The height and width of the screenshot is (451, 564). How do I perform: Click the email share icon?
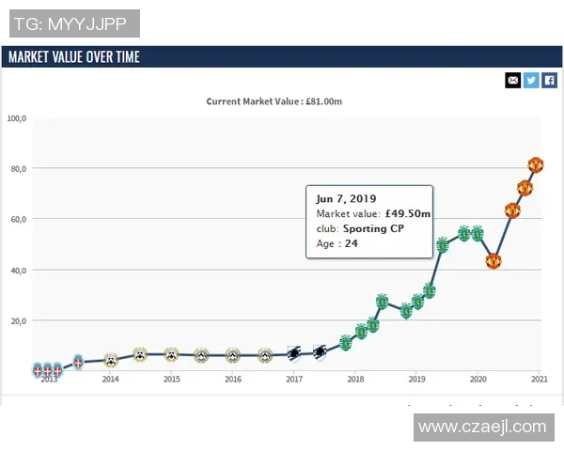point(513,80)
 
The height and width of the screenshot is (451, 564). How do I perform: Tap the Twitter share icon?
point(531,80)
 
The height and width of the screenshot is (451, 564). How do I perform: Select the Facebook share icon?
point(550,80)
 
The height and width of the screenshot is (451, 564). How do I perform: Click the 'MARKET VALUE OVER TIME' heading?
point(74,56)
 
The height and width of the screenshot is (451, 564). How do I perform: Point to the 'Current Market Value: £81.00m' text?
point(274,101)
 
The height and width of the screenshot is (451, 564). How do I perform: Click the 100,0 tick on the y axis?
point(17,118)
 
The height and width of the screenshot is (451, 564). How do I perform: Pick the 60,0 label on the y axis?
point(17,220)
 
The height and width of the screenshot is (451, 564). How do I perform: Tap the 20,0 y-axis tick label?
point(17,321)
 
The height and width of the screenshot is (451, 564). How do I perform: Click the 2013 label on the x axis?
point(49,380)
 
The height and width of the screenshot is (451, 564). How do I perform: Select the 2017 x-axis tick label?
point(294,380)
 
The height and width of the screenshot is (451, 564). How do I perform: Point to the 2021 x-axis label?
point(539,380)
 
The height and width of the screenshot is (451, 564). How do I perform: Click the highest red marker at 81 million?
point(536,165)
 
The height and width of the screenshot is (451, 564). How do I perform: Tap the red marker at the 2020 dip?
point(493,260)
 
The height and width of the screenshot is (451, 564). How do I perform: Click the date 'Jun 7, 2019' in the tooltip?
point(346,199)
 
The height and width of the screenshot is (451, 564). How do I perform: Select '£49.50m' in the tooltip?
point(408,214)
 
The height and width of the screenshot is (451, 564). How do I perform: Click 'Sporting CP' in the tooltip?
point(373,228)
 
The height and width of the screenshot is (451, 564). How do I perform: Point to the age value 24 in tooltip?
point(352,243)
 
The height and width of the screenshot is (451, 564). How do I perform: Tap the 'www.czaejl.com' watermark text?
point(482,427)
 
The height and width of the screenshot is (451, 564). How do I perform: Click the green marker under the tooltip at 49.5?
point(442,246)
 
